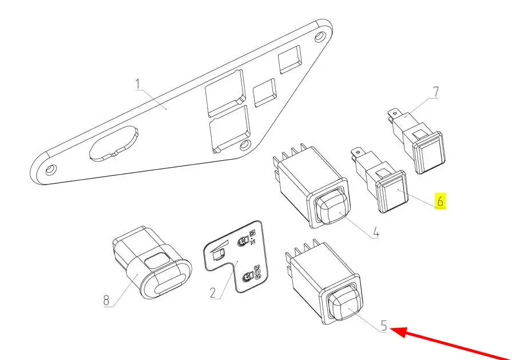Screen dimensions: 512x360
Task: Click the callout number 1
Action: point(138,84)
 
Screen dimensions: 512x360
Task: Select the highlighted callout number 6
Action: point(440,201)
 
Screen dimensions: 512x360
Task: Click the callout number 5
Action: point(384,326)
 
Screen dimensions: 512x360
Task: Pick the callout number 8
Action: point(106,300)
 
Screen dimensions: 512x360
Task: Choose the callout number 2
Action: point(213,293)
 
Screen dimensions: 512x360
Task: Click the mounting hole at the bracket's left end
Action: point(50,169)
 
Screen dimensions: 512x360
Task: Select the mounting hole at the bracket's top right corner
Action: point(320,36)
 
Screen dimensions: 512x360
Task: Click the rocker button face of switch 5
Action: point(344,303)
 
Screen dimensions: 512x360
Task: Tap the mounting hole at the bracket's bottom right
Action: point(245,145)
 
